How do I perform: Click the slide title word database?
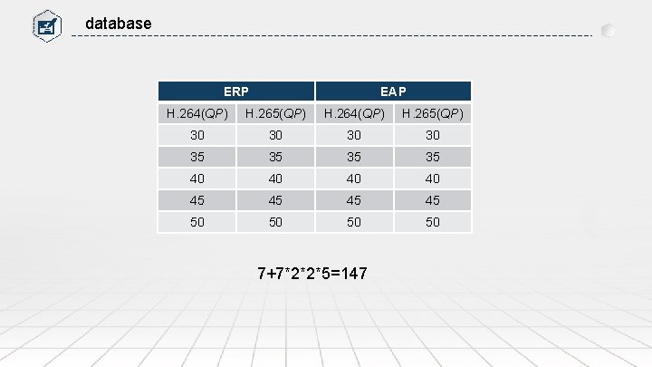click(118, 23)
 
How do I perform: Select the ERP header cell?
click(236, 92)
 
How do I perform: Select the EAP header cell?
click(393, 92)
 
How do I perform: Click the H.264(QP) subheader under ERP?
click(197, 113)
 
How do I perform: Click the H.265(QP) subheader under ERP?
click(275, 113)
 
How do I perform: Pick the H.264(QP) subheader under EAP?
click(354, 113)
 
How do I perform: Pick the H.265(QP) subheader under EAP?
click(432, 113)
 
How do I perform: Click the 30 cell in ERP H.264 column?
click(197, 135)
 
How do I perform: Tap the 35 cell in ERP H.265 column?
click(275, 157)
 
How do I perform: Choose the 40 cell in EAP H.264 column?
click(354, 179)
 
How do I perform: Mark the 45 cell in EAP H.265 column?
click(432, 200)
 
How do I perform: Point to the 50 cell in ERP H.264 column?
click(197, 222)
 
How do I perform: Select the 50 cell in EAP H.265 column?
click(432, 222)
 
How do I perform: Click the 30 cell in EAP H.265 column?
click(432, 135)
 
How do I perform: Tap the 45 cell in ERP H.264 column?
click(197, 200)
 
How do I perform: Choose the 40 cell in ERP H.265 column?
click(275, 179)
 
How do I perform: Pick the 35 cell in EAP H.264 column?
click(354, 157)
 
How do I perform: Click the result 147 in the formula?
click(353, 273)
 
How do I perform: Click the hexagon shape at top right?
click(609, 30)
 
